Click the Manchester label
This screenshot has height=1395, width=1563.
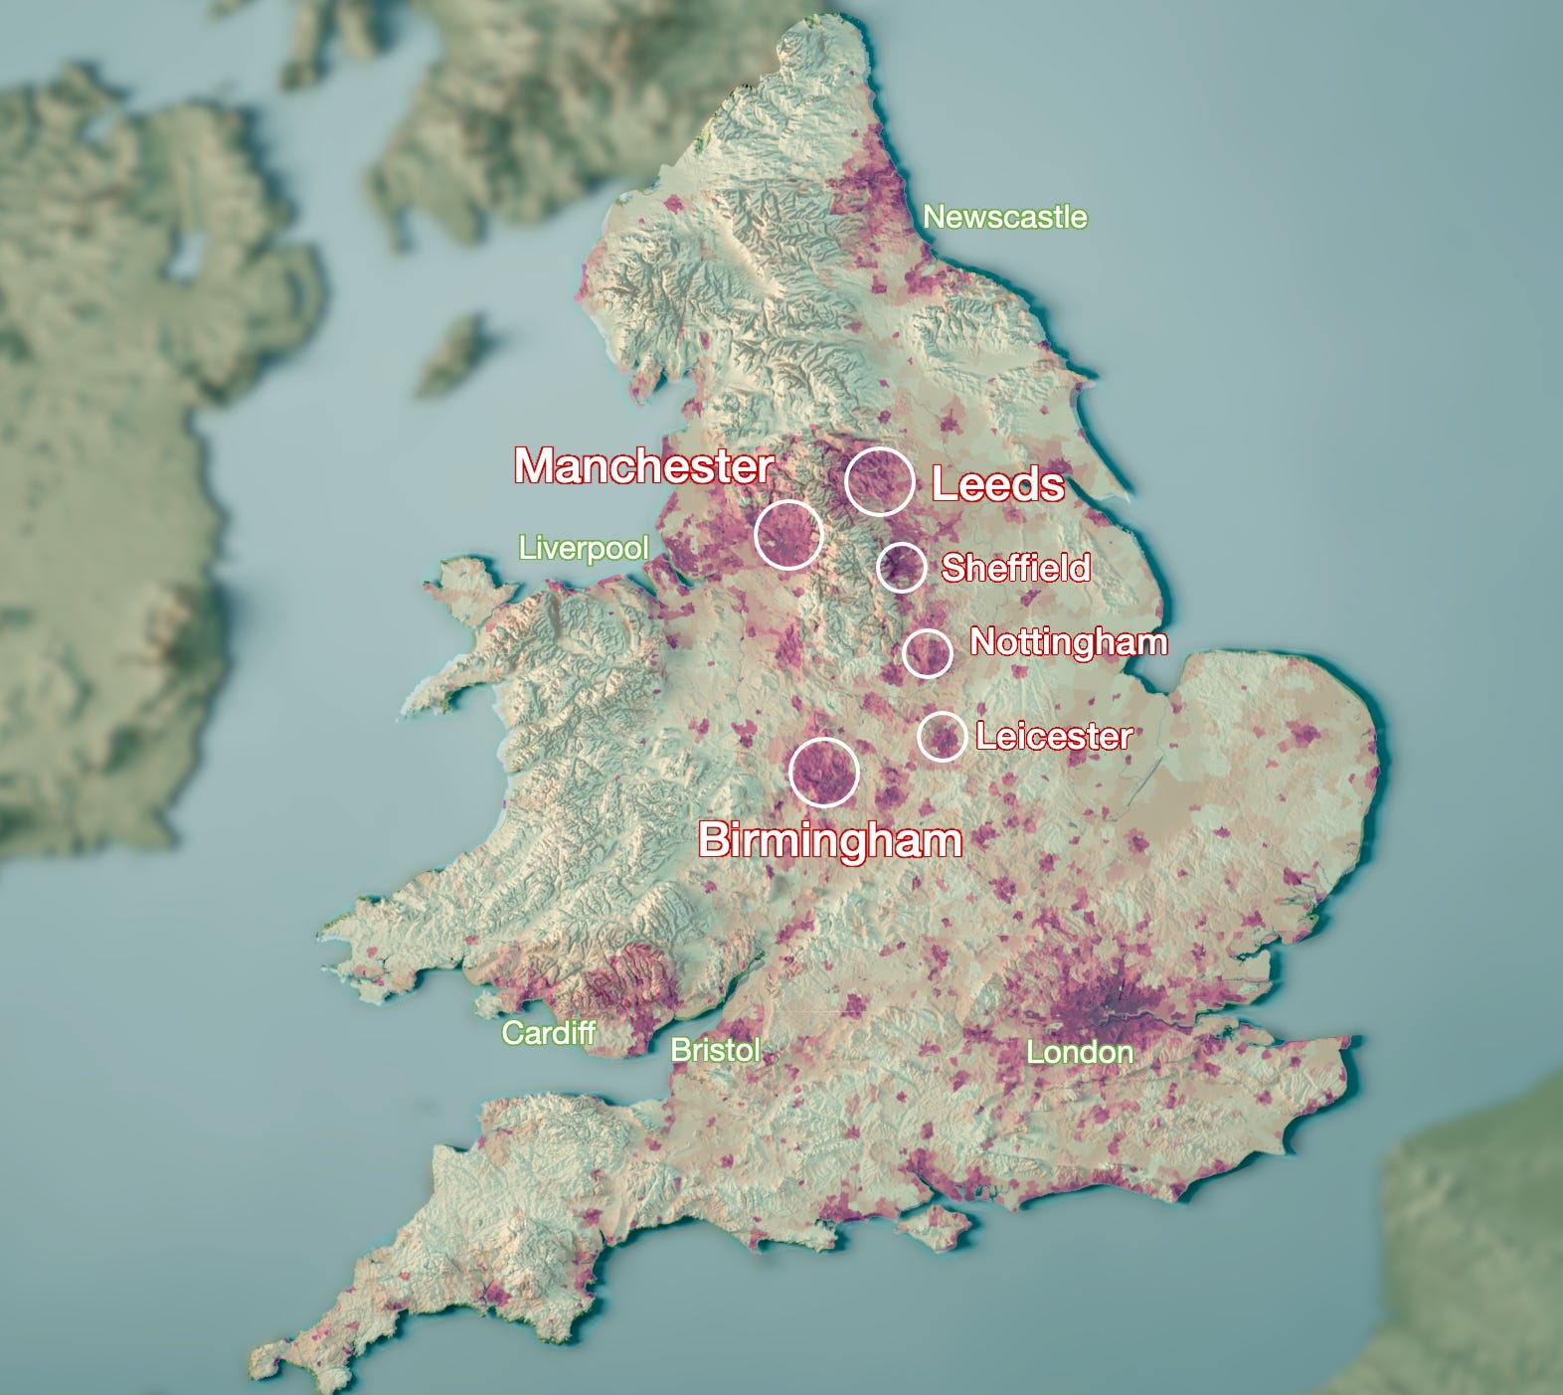point(643,465)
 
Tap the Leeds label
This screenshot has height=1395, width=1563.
point(997,484)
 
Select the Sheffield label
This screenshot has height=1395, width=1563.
point(1015,568)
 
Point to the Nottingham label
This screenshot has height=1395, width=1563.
point(1068,641)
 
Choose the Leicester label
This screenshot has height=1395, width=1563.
point(1054,737)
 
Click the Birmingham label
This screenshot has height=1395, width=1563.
point(830,840)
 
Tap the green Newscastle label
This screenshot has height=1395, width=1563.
point(1004,217)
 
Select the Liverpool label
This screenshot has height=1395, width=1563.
point(584,548)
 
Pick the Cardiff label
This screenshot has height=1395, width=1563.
point(548,1033)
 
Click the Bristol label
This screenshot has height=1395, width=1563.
point(716,1050)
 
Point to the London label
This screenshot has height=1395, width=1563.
point(1079,1052)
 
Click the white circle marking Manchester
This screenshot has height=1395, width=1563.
point(788,535)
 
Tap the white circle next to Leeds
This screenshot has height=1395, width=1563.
point(880,481)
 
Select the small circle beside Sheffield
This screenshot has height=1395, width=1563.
point(902,568)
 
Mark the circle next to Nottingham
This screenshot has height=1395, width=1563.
point(928,653)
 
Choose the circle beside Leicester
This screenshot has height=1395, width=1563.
point(942,737)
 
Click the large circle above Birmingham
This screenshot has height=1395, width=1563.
point(824,773)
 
